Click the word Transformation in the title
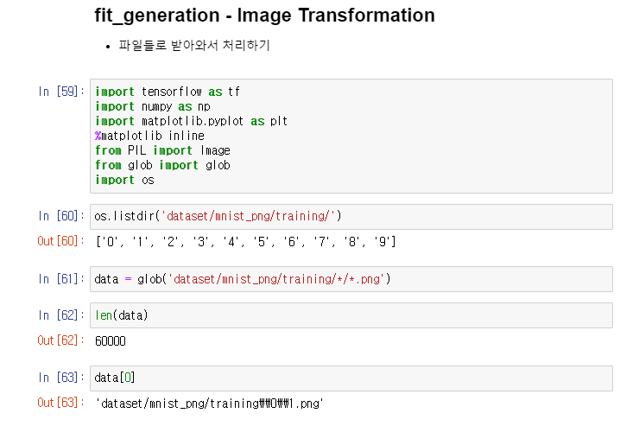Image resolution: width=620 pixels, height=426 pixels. click(366, 16)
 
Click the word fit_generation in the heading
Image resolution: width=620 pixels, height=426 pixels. click(157, 16)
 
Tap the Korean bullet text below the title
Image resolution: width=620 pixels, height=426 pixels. click(194, 45)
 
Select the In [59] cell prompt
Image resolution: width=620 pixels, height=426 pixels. click(61, 92)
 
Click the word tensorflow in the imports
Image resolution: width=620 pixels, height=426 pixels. click(172, 92)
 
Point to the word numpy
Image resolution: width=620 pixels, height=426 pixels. click(156, 107)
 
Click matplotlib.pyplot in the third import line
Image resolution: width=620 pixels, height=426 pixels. click(193, 121)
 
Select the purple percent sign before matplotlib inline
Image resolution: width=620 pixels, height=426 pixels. click(98, 136)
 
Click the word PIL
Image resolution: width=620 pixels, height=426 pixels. click(136, 150)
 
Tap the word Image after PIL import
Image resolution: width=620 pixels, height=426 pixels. click(215, 150)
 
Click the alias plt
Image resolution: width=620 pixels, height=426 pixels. click(279, 121)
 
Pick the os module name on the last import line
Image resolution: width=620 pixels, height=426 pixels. click(148, 180)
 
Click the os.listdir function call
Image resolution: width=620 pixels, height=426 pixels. click(123, 216)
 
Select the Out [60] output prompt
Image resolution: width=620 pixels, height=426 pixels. click(61, 241)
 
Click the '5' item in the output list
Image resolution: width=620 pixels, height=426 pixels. click(261, 241)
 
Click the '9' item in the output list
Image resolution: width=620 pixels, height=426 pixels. click(383, 241)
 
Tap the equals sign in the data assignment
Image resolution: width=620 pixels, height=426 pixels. click(128, 279)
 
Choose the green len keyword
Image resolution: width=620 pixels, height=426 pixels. click(104, 315)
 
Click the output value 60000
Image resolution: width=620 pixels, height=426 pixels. click(111, 341)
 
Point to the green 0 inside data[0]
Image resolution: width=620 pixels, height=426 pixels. click(128, 378)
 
